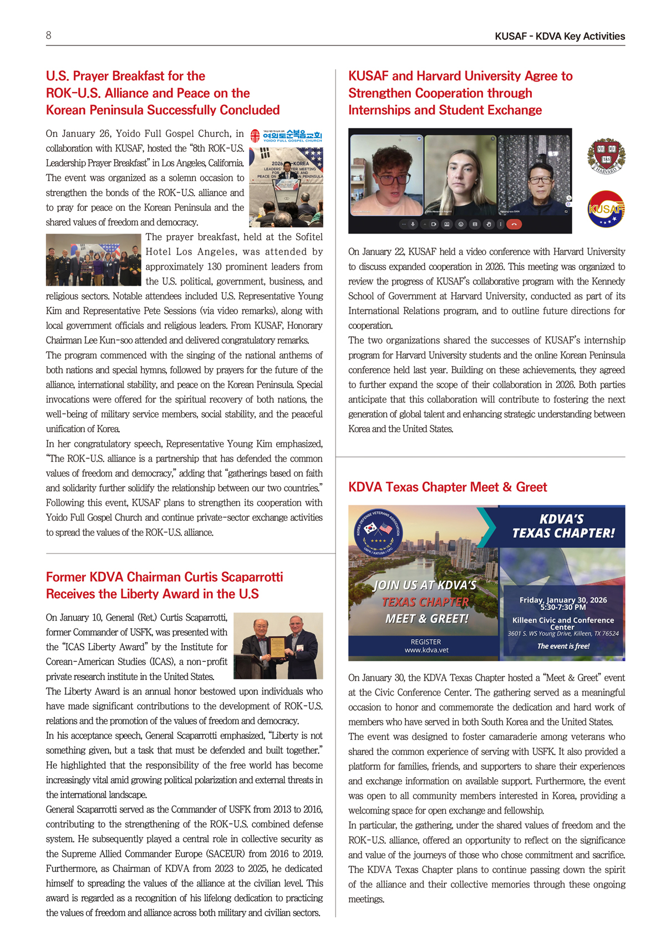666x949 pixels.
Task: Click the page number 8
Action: [x=49, y=35]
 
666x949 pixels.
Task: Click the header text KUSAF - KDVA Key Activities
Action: [x=560, y=37]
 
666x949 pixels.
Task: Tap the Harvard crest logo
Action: [x=606, y=156]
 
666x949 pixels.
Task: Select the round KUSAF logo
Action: [x=606, y=209]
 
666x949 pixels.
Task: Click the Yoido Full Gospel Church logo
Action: [x=286, y=136]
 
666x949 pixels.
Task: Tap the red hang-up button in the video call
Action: [x=514, y=225]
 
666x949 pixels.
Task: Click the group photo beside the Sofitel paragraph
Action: [x=93, y=260]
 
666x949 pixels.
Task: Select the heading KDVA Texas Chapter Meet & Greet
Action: [x=448, y=487]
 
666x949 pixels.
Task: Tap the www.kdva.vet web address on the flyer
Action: [x=426, y=650]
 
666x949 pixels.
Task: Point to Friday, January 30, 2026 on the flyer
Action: [x=563, y=600]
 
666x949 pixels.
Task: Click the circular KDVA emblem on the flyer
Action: [x=379, y=531]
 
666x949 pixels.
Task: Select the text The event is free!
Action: [x=563, y=646]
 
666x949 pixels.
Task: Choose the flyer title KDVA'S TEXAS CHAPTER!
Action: [x=563, y=526]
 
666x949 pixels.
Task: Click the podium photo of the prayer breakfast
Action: [x=286, y=187]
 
